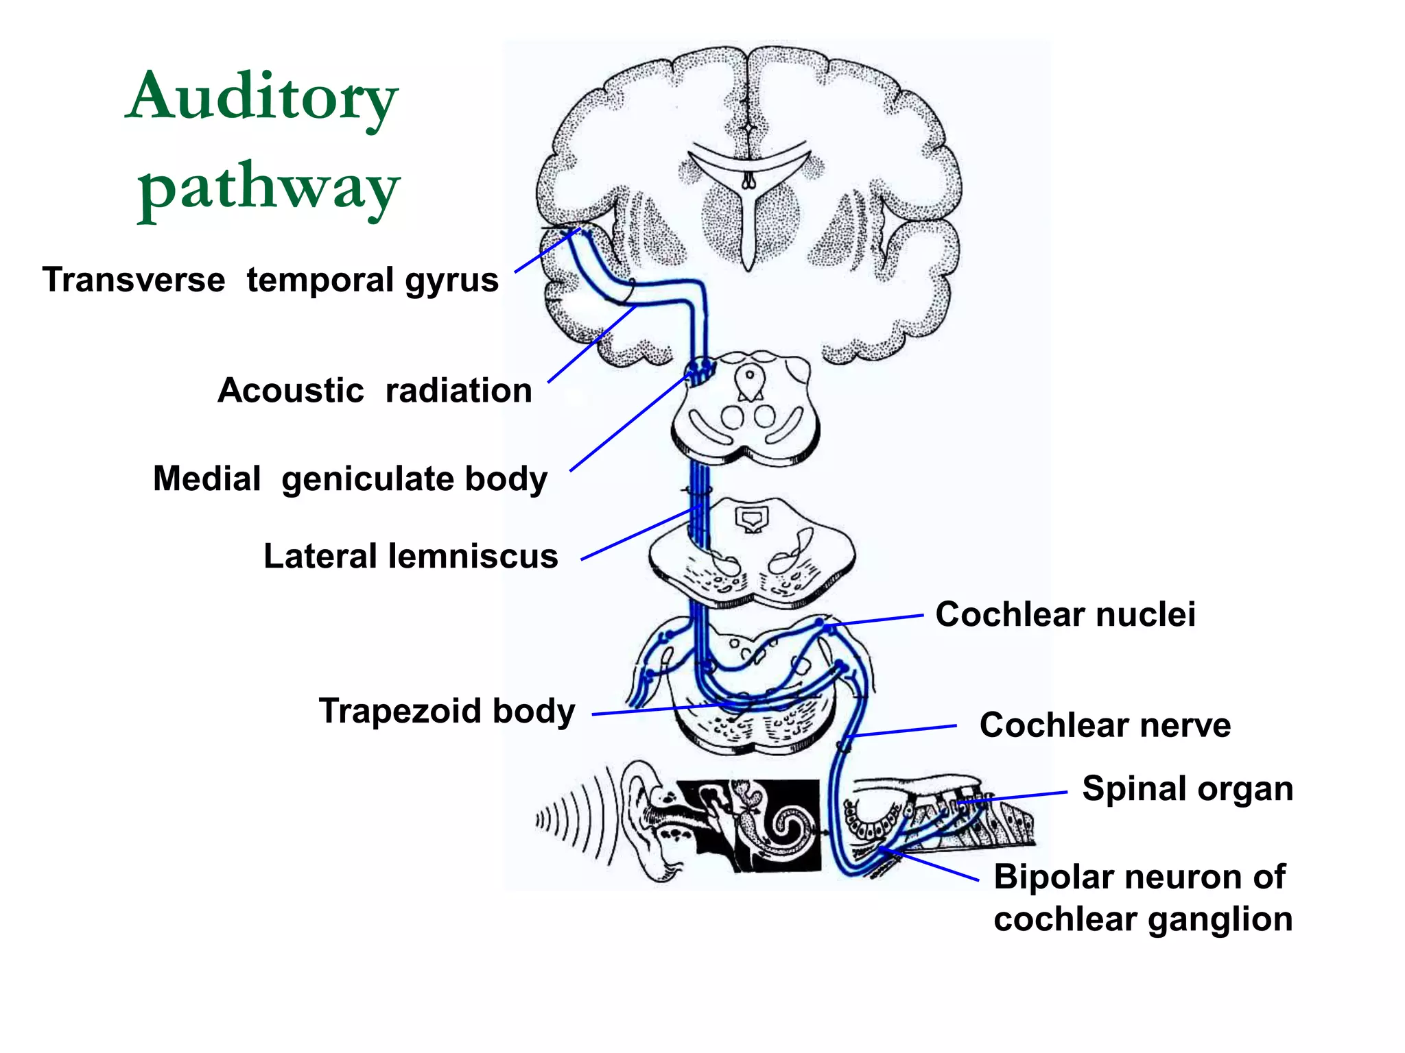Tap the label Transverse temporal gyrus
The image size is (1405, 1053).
point(270,280)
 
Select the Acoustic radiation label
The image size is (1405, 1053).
point(375,391)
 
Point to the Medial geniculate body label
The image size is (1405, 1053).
point(350,479)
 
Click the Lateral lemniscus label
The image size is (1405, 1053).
point(410,556)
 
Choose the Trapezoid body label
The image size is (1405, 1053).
point(447,711)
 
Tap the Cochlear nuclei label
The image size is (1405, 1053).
point(1065,614)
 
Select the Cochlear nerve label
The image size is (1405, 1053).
point(1105,725)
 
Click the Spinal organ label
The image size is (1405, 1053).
point(1187,788)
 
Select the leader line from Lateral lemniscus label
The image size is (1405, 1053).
point(638,534)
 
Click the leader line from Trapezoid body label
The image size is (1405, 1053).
point(659,710)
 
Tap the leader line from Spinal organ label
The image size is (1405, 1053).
point(1015,797)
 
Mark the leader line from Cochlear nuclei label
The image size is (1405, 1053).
point(878,620)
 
